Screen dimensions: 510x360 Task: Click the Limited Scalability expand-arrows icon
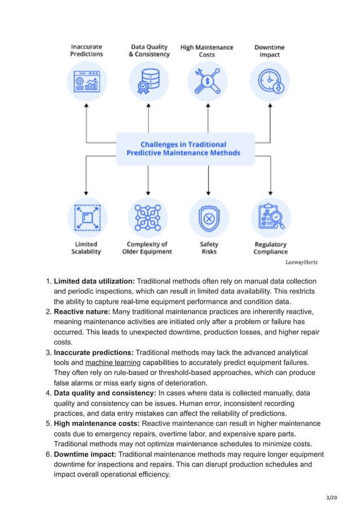pyautogui.click(x=86, y=218)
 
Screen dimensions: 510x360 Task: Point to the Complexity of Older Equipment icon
pyautogui.click(x=147, y=218)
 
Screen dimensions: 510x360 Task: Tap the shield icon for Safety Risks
pyautogui.click(x=209, y=218)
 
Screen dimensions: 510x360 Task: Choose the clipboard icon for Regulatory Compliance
pyautogui.click(x=270, y=218)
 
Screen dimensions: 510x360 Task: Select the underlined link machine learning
pyautogui.click(x=112, y=362)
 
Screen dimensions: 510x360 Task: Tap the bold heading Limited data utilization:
pyautogui.click(x=94, y=281)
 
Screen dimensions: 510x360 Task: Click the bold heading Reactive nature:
pyautogui.click(x=82, y=312)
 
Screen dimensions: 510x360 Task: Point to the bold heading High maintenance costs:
pyautogui.click(x=96, y=424)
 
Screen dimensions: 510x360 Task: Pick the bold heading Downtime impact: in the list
pyautogui.click(x=86, y=454)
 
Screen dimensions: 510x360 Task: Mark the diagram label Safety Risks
pyautogui.click(x=209, y=248)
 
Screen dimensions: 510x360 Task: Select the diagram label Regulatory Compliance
pyautogui.click(x=270, y=248)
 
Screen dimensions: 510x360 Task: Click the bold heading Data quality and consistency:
pyautogui.click(x=105, y=393)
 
